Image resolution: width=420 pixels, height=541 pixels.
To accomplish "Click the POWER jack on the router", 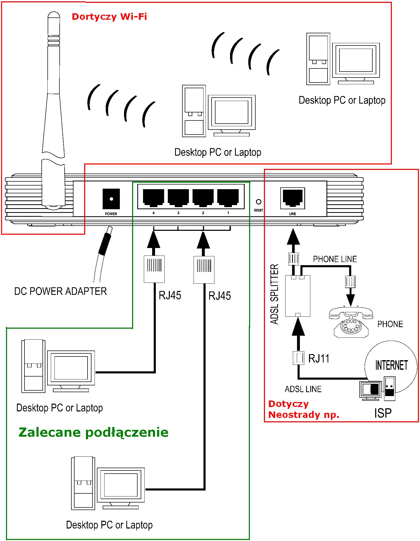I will pos(111,199).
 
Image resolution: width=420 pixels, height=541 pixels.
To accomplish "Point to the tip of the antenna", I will pos(54,14).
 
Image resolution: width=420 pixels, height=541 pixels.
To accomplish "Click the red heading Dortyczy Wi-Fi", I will pos(109,17).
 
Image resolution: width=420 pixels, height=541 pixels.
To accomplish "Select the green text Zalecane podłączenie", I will pos(94,432).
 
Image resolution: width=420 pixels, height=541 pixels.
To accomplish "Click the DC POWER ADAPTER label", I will pos(60,291).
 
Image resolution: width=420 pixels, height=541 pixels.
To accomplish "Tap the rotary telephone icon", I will pos(351,322).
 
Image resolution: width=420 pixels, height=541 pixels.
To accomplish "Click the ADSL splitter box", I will pos(298,296).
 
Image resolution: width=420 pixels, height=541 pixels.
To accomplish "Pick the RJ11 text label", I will pos(319,358).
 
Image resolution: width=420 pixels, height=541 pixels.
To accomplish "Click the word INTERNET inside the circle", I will pos(391,365).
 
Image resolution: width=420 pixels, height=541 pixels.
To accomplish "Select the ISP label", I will pos(383,413).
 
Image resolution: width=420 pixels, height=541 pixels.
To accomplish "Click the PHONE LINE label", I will pos(335,259).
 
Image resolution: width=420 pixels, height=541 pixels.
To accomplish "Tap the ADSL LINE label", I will pos(303,389).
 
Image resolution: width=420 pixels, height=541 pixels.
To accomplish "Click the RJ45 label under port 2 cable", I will pos(220,296).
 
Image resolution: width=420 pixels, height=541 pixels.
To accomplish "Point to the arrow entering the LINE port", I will pos(293,237).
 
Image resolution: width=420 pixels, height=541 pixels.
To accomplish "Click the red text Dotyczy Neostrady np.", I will pos(304,409).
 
